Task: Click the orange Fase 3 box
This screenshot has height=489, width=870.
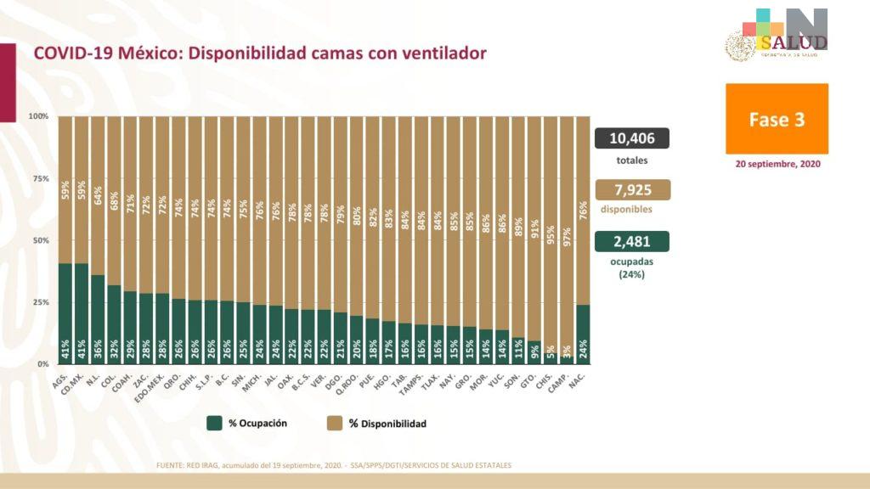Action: pos(777,119)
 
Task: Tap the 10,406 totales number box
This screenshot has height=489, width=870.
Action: pos(632,138)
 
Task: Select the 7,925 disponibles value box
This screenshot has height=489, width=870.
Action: pos(632,190)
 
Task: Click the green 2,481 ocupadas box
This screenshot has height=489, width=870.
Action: pos(632,241)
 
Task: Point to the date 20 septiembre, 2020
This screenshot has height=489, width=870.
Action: pos(777,165)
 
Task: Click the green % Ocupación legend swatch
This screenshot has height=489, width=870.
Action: pos(214,423)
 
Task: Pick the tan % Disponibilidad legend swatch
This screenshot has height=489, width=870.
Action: pos(334,423)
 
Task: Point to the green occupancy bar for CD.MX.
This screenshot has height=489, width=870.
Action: pos(82,313)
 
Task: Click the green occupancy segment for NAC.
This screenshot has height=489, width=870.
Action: pos(584,334)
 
